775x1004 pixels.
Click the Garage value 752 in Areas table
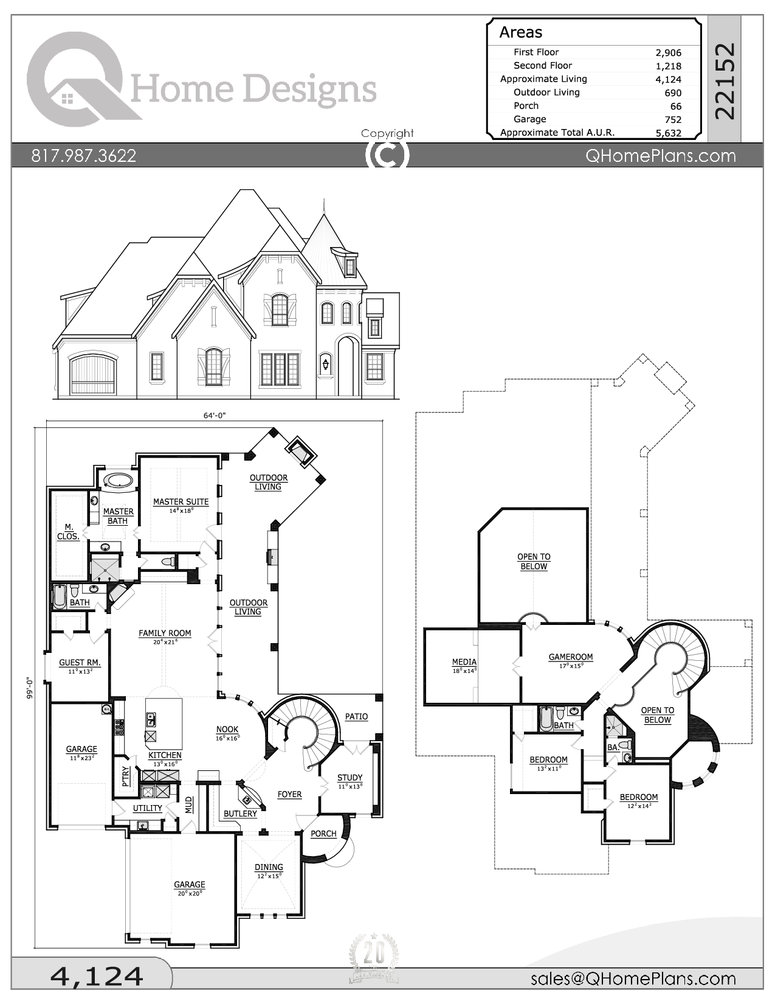672,120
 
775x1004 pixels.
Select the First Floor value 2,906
668,53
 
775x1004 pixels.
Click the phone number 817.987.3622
84,156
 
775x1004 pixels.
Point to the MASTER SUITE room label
181,502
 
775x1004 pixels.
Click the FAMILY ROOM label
165,633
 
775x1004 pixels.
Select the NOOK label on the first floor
227,730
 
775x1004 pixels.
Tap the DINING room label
269,867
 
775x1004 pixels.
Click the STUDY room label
350,778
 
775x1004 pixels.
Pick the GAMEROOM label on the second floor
570,657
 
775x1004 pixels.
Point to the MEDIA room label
464,662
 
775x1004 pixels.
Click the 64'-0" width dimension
214,416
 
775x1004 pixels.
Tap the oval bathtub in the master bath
118,481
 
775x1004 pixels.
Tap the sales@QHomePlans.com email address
633,978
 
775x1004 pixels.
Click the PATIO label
356,717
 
